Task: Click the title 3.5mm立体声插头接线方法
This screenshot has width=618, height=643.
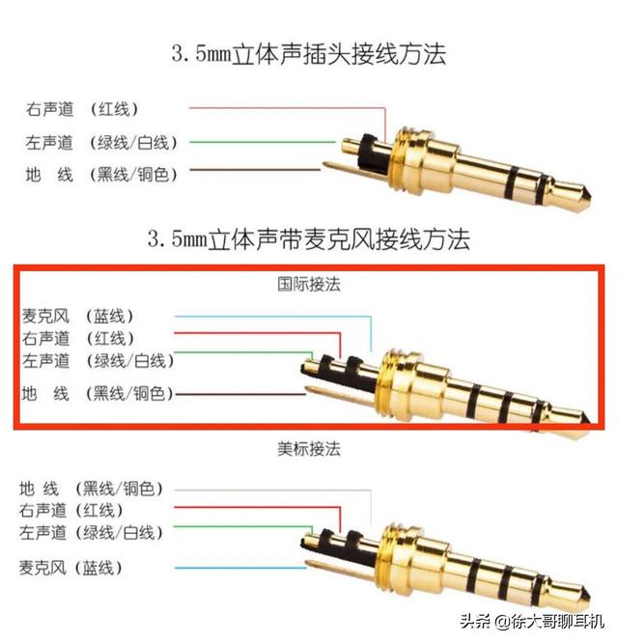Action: (308, 54)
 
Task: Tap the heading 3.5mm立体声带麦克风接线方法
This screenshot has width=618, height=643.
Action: (308, 238)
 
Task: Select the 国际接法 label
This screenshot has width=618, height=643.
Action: (309, 285)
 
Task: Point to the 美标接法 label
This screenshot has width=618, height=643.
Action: (309, 449)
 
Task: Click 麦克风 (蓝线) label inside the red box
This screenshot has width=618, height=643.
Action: (91, 316)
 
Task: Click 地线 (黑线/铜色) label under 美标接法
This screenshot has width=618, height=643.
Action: (92, 489)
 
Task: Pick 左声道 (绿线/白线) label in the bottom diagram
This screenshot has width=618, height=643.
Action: (92, 533)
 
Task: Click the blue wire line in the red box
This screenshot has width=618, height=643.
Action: (270, 316)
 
